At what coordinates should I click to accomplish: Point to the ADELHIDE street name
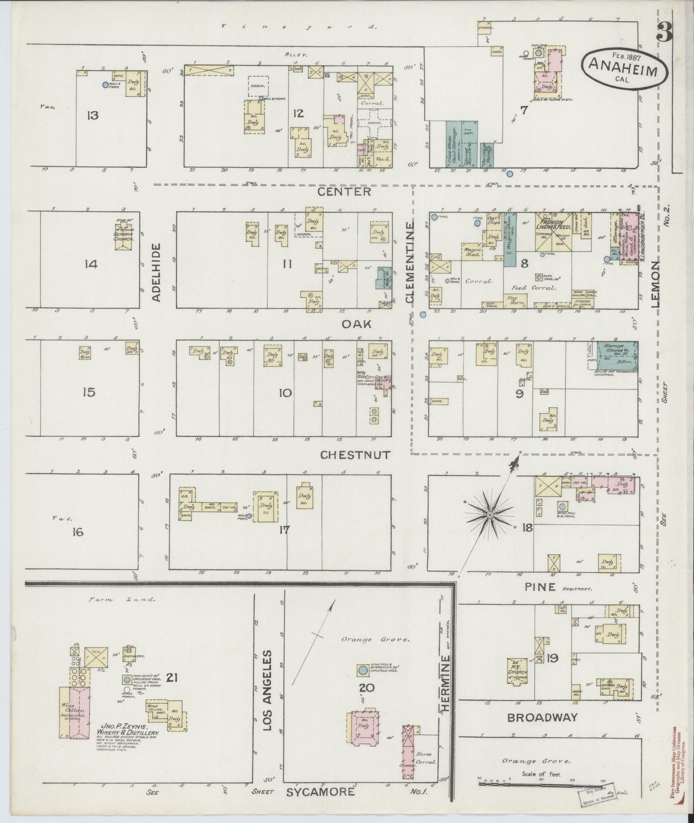[157, 272]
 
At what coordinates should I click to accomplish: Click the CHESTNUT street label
[355, 455]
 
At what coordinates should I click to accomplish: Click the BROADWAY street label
[543, 717]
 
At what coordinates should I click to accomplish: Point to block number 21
[172, 678]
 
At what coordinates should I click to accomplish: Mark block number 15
[89, 392]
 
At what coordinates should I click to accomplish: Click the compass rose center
[489, 515]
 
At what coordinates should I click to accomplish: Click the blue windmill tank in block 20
[364, 670]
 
